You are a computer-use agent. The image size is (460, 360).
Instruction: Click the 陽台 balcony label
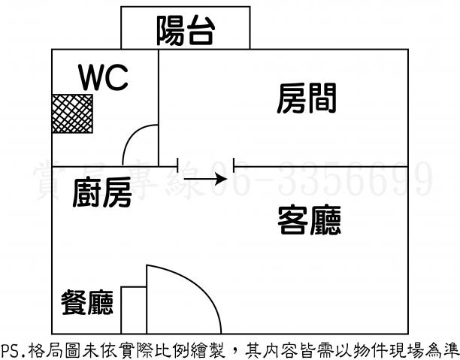(x=186, y=29)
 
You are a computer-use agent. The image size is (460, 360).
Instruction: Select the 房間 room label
(x=306, y=98)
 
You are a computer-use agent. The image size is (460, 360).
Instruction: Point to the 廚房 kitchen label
(x=103, y=195)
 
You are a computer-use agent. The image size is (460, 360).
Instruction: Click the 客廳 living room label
(x=309, y=219)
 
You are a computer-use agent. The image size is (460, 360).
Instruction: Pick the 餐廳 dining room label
(x=87, y=302)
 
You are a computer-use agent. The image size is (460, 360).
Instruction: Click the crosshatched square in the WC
(x=71, y=113)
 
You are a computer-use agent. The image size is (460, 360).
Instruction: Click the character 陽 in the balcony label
(x=171, y=29)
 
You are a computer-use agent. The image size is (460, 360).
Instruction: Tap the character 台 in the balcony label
(x=201, y=29)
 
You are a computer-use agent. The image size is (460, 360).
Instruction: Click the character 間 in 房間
(x=321, y=98)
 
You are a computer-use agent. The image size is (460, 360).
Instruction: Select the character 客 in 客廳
(x=292, y=219)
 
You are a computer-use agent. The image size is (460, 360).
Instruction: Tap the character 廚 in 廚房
(x=88, y=195)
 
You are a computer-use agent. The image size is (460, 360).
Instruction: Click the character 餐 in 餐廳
(x=74, y=302)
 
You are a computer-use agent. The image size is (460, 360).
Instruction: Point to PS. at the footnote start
(x=11, y=349)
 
